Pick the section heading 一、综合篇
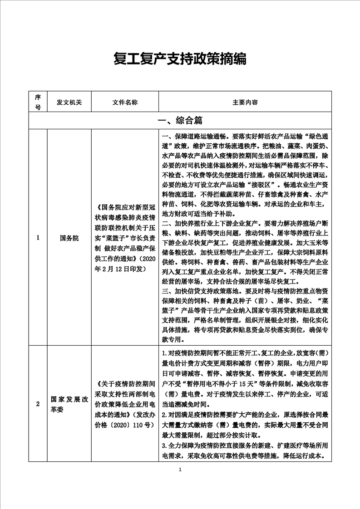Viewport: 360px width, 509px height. [180, 121]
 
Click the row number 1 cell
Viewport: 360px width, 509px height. [38, 237]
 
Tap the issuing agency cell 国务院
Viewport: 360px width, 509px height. [69, 237]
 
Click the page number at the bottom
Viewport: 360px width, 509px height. [180, 470]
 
